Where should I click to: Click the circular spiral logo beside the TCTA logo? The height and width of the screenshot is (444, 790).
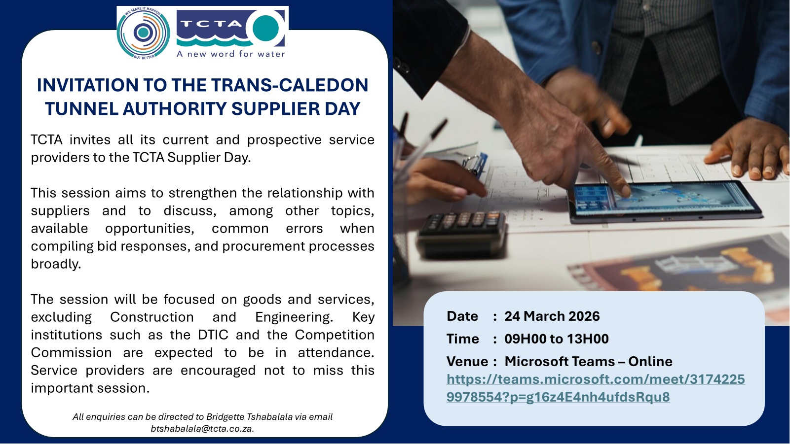click(143, 33)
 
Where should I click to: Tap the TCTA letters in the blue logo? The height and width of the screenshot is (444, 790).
click(211, 24)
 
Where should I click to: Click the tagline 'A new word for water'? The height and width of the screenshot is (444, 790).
click(230, 54)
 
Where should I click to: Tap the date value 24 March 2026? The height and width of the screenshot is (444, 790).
click(552, 316)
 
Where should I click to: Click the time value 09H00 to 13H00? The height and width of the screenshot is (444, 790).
click(557, 339)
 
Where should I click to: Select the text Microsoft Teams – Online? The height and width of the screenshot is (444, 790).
click(588, 362)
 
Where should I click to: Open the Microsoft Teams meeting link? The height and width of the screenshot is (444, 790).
click(596, 388)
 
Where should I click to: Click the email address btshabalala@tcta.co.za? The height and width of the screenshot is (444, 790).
click(202, 429)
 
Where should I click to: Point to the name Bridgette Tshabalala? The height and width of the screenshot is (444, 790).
click(249, 417)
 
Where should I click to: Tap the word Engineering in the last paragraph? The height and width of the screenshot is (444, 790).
click(294, 317)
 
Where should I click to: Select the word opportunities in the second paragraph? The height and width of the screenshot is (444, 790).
click(150, 229)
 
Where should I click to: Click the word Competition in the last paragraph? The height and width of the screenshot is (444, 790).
click(335, 335)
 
